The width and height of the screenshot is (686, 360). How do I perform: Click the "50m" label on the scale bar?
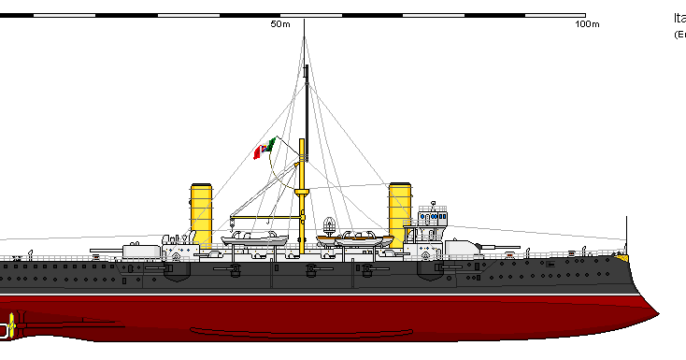coord(279,24)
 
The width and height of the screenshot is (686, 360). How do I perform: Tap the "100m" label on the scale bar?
coord(587,24)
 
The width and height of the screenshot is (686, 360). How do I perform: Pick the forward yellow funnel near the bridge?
coord(400,213)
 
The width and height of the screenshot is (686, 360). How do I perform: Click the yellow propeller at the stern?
coord(10,327)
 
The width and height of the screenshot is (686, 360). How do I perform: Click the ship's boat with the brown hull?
coord(355,241)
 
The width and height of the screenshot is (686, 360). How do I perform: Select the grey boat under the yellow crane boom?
coord(254,239)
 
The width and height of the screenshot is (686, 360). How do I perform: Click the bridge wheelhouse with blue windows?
coord(433,218)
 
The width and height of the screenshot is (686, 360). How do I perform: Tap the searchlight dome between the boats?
coord(330,224)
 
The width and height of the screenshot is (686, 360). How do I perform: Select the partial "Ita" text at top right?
coord(679,18)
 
